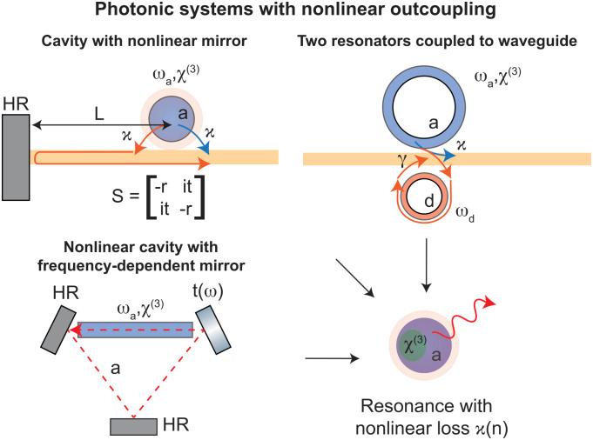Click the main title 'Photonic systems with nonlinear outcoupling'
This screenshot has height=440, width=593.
(296, 11)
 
